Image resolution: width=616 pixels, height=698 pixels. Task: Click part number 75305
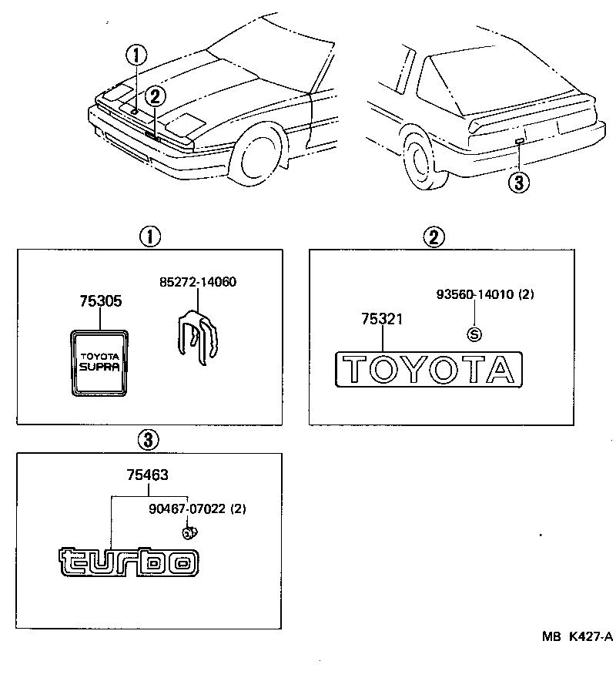[100, 302]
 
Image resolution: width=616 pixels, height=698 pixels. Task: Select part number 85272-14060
[197, 282]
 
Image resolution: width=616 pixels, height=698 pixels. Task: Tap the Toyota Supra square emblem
[99, 362]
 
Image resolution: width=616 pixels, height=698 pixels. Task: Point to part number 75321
[383, 320]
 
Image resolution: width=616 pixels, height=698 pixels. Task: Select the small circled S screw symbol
[475, 334]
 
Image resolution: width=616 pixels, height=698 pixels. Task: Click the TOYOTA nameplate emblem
[429, 369]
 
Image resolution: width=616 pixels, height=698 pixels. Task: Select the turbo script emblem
[129, 562]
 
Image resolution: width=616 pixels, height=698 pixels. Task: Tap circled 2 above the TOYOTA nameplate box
[434, 237]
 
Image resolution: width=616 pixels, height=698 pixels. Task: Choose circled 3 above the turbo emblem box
[148, 440]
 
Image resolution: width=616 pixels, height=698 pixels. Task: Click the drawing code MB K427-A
[576, 636]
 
